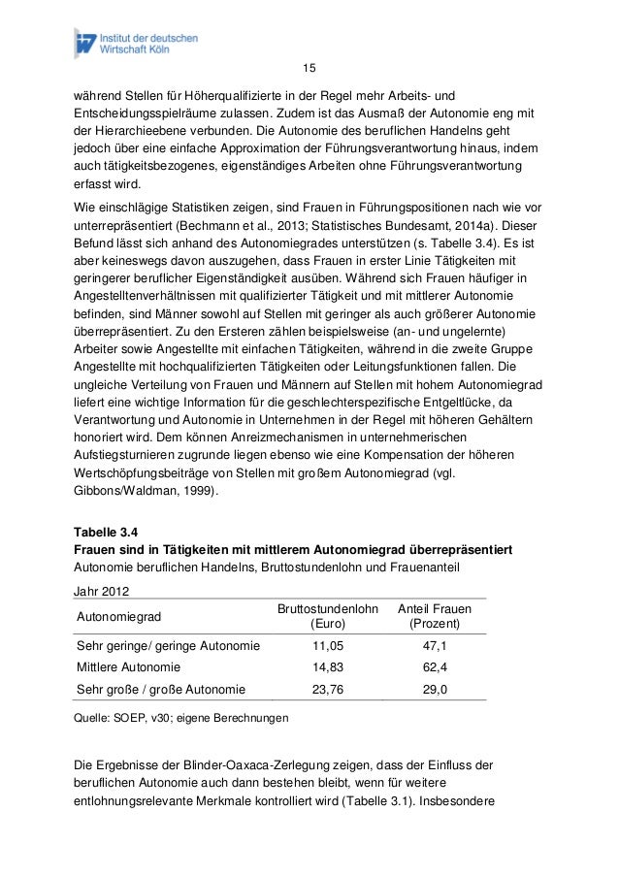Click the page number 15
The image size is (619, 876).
click(309, 68)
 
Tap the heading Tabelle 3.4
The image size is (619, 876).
click(107, 532)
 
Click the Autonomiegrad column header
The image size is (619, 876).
click(118, 616)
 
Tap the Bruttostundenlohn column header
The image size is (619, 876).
click(328, 608)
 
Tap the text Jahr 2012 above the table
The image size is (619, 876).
click(102, 591)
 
